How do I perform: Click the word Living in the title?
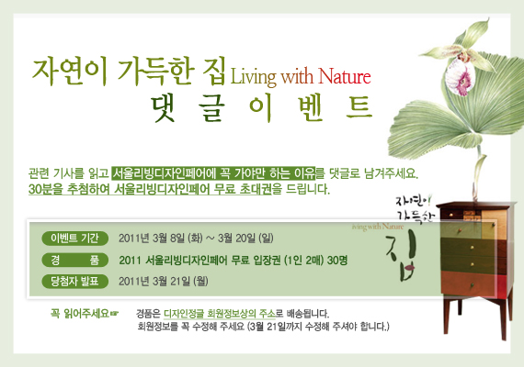point(254,77)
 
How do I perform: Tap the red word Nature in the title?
point(344,76)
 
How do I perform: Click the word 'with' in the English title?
point(297,76)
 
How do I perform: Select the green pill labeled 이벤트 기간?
point(74,239)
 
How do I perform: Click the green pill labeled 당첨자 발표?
point(74,282)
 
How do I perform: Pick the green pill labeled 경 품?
point(74,260)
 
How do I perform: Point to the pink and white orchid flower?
point(461,74)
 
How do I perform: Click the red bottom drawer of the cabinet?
point(473,284)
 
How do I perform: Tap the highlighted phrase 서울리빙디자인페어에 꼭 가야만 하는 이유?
point(213,172)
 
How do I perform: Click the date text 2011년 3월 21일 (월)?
point(164,282)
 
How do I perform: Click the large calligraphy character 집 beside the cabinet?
point(402,258)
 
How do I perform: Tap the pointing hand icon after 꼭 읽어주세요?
point(114,313)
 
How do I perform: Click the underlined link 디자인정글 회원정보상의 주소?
point(220,314)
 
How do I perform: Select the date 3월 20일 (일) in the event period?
point(245,239)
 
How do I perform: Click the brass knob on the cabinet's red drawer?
point(473,285)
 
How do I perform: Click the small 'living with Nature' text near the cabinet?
point(378,227)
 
